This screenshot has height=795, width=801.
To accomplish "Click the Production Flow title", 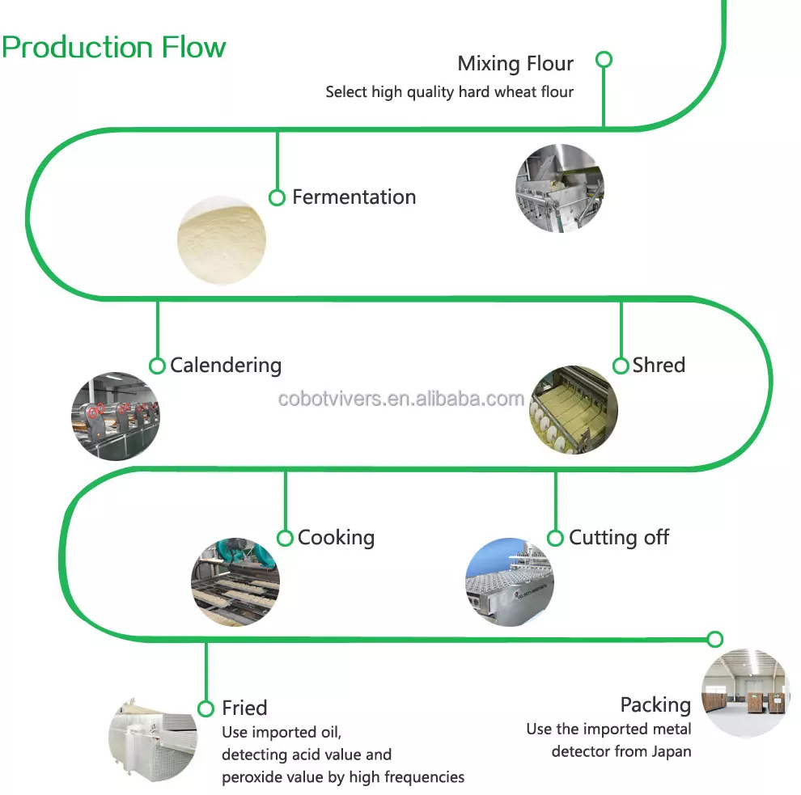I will pyautogui.click(x=113, y=47).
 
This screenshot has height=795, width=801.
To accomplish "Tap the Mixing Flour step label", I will pyautogui.click(x=515, y=63).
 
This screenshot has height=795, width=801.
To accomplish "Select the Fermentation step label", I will pyautogui.click(x=354, y=197).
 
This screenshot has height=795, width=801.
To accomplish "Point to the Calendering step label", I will pyautogui.click(x=226, y=365).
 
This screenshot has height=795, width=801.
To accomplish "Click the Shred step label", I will pyautogui.click(x=659, y=365).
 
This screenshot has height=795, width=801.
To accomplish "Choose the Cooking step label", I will pyautogui.click(x=336, y=538).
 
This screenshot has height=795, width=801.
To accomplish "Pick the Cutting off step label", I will pyautogui.click(x=619, y=538).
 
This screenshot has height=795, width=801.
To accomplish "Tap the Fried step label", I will pyautogui.click(x=244, y=708).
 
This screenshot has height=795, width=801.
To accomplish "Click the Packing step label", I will pyautogui.click(x=655, y=704).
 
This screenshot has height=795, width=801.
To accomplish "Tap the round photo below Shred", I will pyautogui.click(x=573, y=409).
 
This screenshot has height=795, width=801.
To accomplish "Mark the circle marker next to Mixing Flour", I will pyautogui.click(x=604, y=59).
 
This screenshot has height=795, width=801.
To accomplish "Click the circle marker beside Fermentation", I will pyautogui.click(x=277, y=197).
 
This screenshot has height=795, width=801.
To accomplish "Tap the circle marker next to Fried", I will pyautogui.click(x=206, y=708).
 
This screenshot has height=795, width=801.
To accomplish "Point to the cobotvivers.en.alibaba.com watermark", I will pyautogui.click(x=401, y=399).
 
